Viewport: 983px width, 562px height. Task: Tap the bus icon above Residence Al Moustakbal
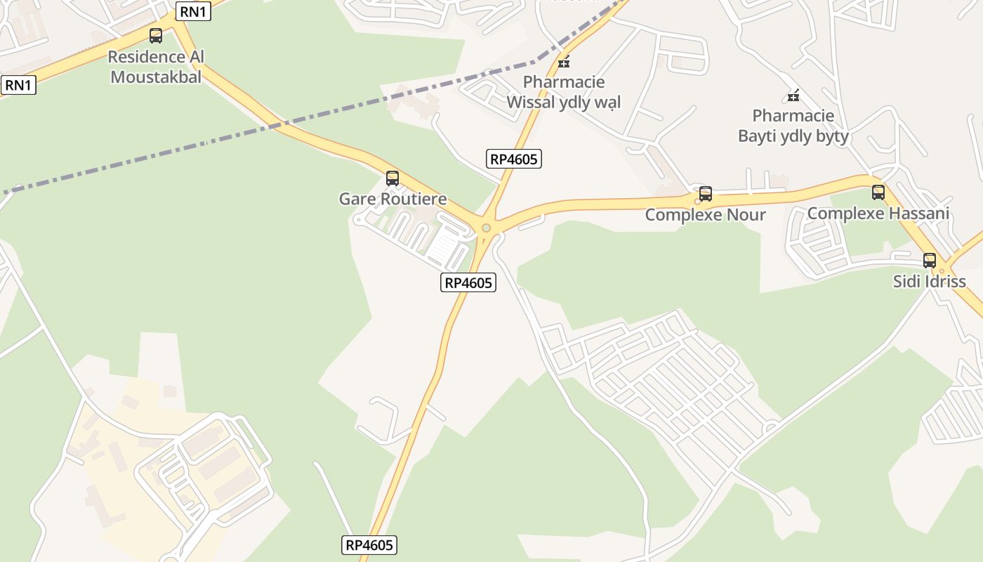coord(156,35)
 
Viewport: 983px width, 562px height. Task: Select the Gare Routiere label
coord(392,199)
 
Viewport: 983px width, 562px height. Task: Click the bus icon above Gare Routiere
coord(392,178)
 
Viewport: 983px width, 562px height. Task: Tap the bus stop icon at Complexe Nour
coord(706,194)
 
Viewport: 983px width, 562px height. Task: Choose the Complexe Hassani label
coord(878,214)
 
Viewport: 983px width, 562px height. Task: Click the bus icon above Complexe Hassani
coord(878,192)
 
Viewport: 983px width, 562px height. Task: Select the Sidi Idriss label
coord(929,282)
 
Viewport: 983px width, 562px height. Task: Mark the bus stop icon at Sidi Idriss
coord(930,261)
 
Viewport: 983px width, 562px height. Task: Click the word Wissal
coord(532,103)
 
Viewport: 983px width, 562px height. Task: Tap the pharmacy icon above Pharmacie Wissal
coord(564,62)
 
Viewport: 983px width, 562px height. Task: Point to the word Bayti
coord(759,136)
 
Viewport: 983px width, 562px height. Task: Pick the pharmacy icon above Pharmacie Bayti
coord(793,96)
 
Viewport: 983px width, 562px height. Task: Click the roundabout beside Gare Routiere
coord(486,228)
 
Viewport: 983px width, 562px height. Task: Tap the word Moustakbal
coord(156,77)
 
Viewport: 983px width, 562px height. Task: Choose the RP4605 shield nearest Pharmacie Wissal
coord(513,159)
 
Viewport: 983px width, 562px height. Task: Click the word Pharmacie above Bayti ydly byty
coord(793,116)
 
